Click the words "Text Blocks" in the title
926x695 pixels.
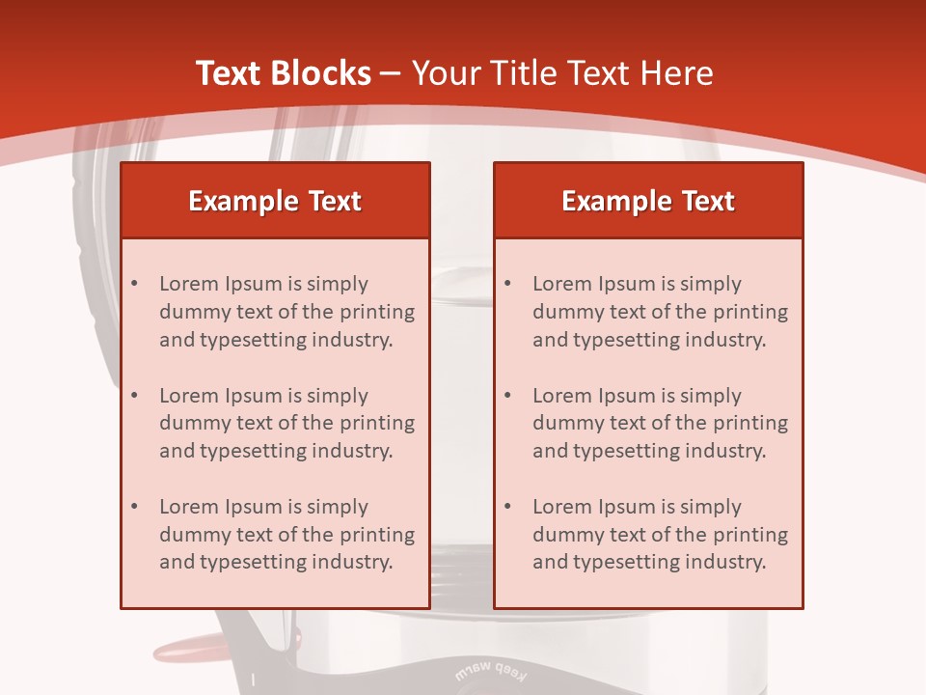[283, 73]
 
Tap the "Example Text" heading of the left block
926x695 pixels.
[275, 201]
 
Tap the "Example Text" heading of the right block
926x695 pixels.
[648, 201]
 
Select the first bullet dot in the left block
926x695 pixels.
[135, 284]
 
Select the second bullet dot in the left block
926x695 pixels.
[135, 396]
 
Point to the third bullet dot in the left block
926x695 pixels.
[135, 507]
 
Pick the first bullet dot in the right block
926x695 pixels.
[508, 284]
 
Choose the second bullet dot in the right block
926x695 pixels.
[508, 396]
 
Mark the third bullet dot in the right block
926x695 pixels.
[508, 507]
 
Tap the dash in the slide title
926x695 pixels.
[391, 73]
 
